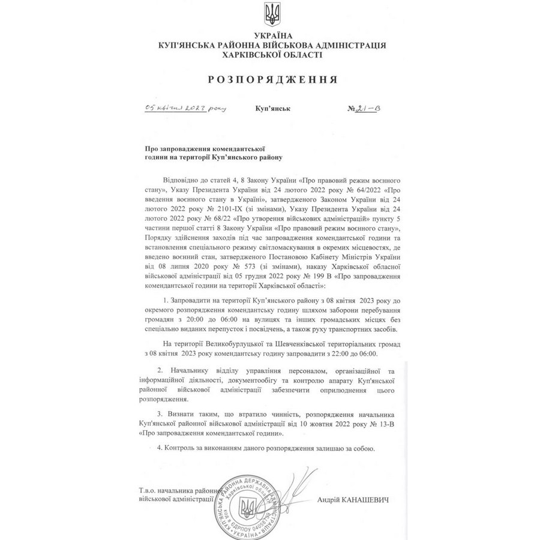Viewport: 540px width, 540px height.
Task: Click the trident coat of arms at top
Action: [x=270, y=16]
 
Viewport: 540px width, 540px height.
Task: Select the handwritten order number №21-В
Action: [x=364, y=108]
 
